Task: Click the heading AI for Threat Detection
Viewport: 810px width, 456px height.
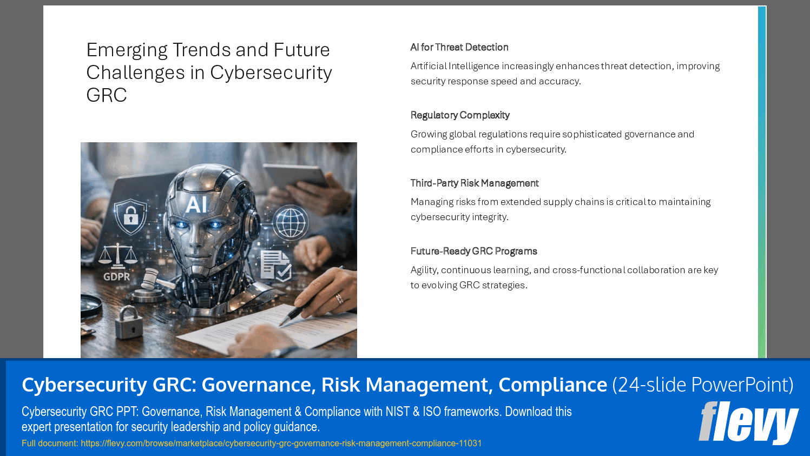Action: tap(459, 48)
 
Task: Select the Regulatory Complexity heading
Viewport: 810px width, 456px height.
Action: tap(460, 115)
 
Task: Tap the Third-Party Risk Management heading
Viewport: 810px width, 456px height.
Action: tap(474, 183)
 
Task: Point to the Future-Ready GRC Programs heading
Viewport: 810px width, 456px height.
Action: tap(473, 251)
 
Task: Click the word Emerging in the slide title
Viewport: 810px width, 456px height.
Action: tap(127, 50)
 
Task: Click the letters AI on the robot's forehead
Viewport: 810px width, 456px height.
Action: tap(196, 205)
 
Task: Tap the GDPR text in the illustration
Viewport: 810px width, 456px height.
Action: tap(117, 276)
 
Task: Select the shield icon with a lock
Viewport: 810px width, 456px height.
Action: tap(130, 216)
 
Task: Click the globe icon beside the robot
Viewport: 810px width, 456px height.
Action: tap(291, 222)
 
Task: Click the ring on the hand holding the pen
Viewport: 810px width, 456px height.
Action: tap(339, 298)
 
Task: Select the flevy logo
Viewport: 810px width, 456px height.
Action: tap(748, 422)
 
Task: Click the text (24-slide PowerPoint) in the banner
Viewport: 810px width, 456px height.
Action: tap(702, 385)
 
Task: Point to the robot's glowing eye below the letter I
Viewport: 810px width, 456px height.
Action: tap(216, 224)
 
